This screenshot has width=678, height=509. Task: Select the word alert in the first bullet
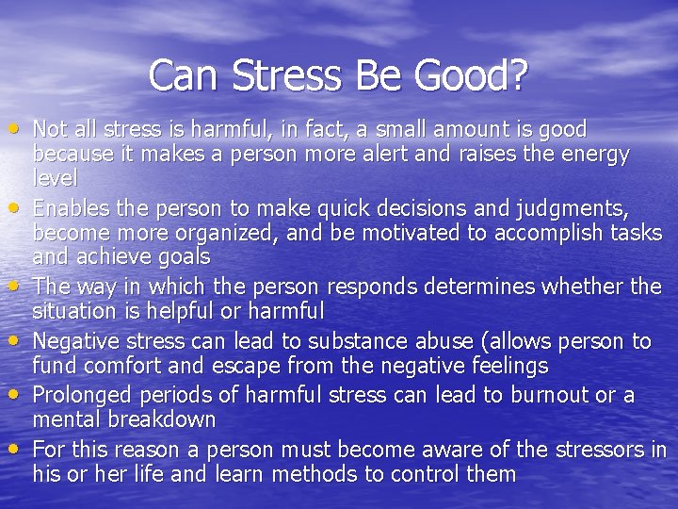pyautogui.click(x=391, y=154)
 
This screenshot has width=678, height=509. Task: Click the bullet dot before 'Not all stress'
pyautogui.click(x=19, y=127)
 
